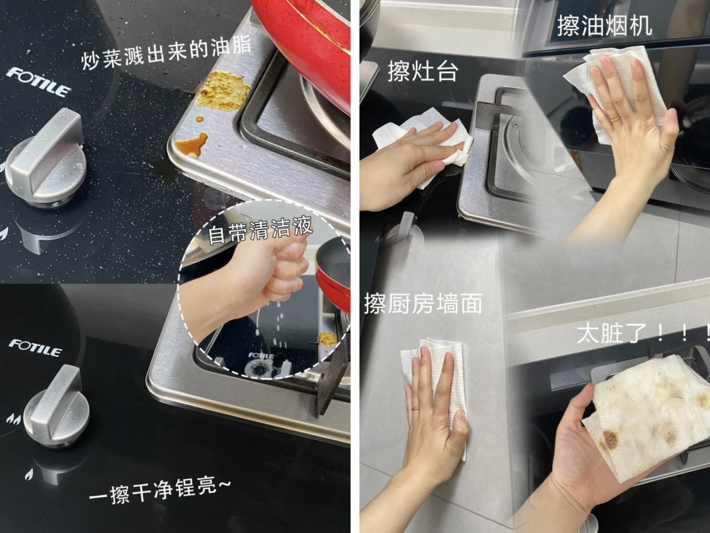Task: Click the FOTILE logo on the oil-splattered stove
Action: coord(39,82)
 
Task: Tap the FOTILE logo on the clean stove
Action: coord(35,348)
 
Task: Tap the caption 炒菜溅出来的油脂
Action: coord(166,53)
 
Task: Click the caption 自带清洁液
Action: coord(260,230)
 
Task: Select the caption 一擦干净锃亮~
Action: coord(160,491)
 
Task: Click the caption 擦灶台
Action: coord(423,71)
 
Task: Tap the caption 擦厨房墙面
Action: coord(423,303)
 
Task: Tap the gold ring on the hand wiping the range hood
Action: coord(615,119)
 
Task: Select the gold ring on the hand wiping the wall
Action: coord(415,409)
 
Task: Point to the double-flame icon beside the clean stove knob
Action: coord(14,419)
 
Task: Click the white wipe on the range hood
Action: coord(615,94)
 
